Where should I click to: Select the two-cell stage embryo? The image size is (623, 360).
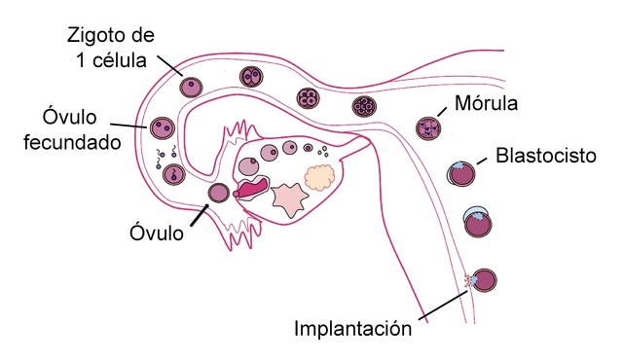[x=252, y=78]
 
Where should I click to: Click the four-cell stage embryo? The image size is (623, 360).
[x=311, y=97]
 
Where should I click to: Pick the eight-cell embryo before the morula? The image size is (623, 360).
[x=363, y=106]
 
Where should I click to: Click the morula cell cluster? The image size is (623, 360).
[x=426, y=126]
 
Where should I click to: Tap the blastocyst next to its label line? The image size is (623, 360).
[x=463, y=175]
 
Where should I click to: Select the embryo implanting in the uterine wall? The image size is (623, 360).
[x=484, y=282]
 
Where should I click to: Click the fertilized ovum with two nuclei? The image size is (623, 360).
[x=161, y=127]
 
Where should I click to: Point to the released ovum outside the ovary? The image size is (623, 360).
[x=218, y=194]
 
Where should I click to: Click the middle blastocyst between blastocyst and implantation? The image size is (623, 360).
[x=477, y=225]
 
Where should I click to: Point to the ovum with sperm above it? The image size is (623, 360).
[x=174, y=175]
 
